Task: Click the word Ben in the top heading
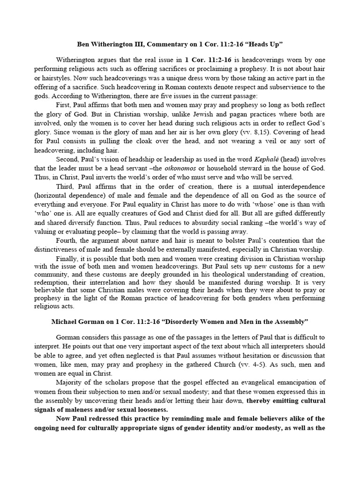[82, 44]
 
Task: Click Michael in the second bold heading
[64, 323]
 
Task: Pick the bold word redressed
[103, 419]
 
